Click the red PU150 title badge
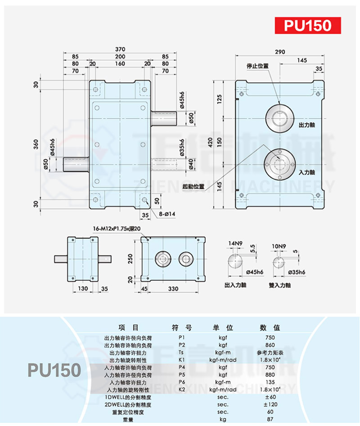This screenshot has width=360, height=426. coord(308,25)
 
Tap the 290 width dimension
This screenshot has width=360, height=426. coord(280,52)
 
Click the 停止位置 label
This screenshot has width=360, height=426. coord(257,66)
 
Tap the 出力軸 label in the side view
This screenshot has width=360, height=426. coord(306,124)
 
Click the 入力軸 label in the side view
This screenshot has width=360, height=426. coord(306,172)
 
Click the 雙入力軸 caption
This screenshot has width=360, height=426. coord(280,285)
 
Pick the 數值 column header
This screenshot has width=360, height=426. coord(270,327)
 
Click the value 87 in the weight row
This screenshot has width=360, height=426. coord(270,419)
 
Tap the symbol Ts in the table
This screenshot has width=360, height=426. coord(181,352)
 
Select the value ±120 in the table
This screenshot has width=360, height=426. coord(270,404)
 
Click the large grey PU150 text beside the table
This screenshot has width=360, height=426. coord(54,370)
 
